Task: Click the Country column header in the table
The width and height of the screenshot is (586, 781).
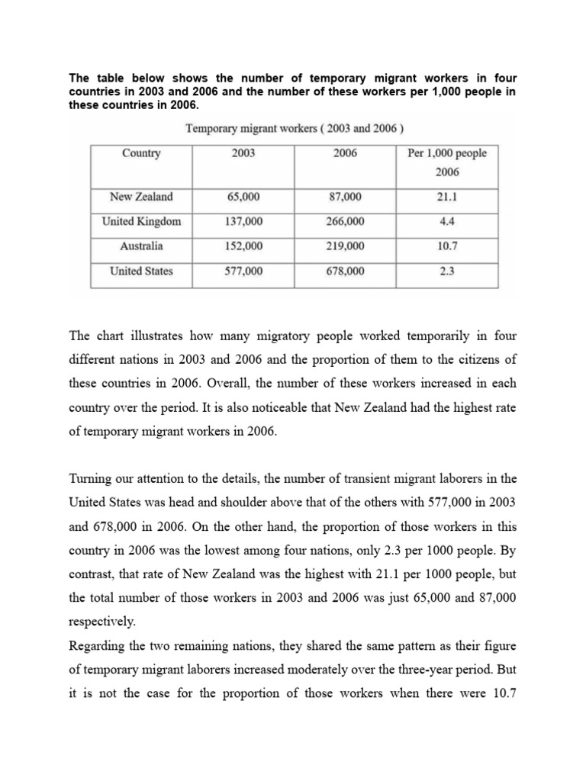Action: point(141,153)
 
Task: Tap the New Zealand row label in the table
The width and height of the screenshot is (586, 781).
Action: point(141,197)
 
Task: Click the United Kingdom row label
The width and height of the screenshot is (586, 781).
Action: point(141,222)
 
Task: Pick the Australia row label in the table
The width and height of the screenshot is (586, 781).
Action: point(141,246)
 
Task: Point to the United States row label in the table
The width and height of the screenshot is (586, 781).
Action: point(141,271)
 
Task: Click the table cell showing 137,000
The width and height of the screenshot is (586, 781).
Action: point(243,222)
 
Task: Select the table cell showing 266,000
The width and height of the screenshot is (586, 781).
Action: point(345,222)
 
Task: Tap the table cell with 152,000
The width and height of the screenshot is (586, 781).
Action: point(243,246)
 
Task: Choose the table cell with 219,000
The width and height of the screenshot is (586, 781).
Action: point(345,246)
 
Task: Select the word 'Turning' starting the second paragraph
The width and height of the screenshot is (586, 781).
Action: point(92,479)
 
